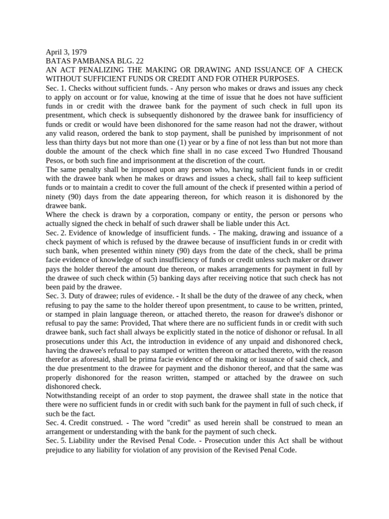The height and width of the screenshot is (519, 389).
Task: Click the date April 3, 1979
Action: point(66,52)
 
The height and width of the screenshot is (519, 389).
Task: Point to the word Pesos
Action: point(56,160)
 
